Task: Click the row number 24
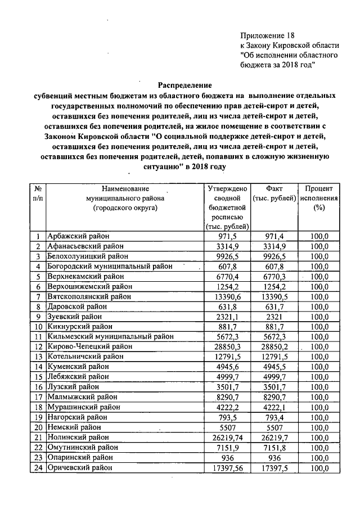38,467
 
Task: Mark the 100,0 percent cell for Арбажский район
318,236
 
